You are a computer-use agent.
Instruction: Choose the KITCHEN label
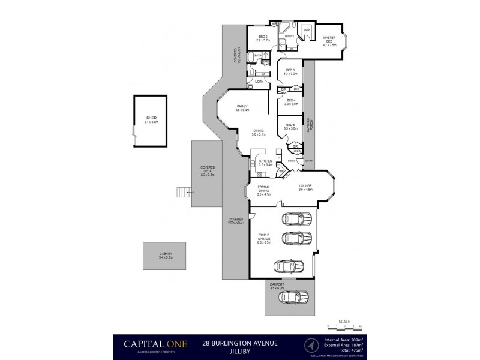tap(265, 163)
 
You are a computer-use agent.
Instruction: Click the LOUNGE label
tap(306, 188)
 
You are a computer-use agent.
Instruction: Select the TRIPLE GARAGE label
tap(264, 238)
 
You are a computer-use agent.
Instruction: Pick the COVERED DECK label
tap(208, 172)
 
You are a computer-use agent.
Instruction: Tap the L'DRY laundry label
tap(260, 81)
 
